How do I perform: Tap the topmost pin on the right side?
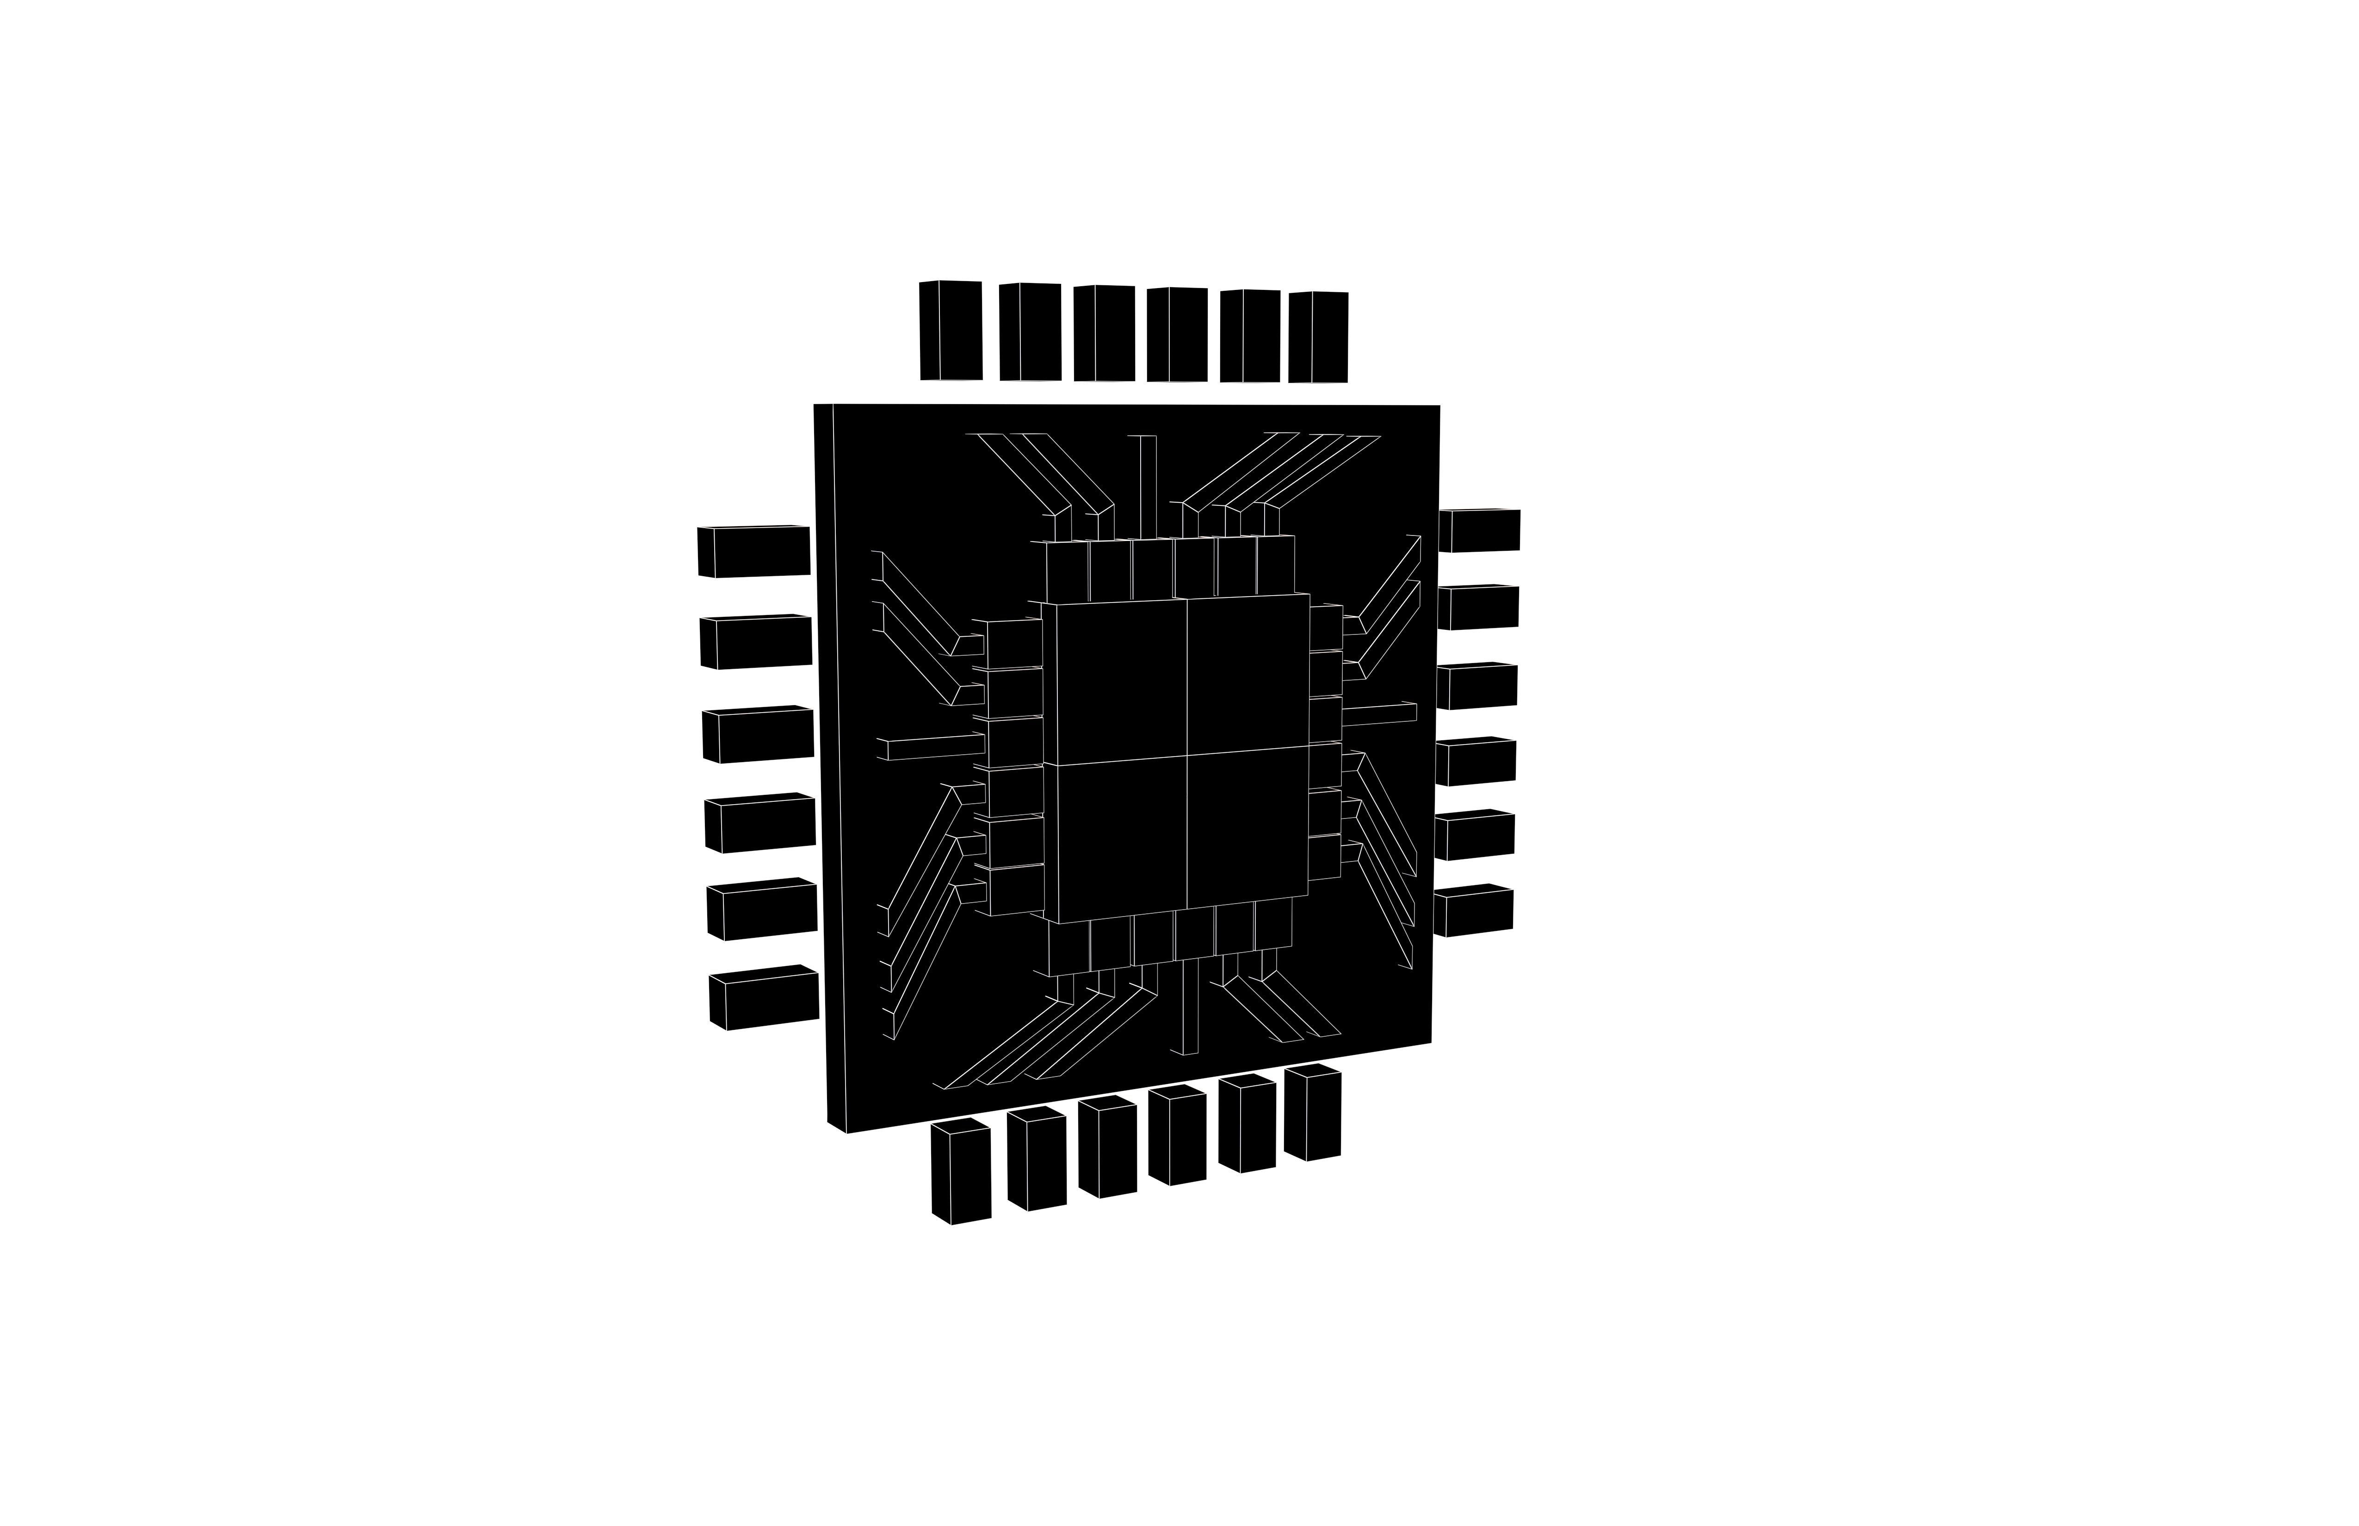click(1479, 531)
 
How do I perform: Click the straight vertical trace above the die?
click(1149, 486)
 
